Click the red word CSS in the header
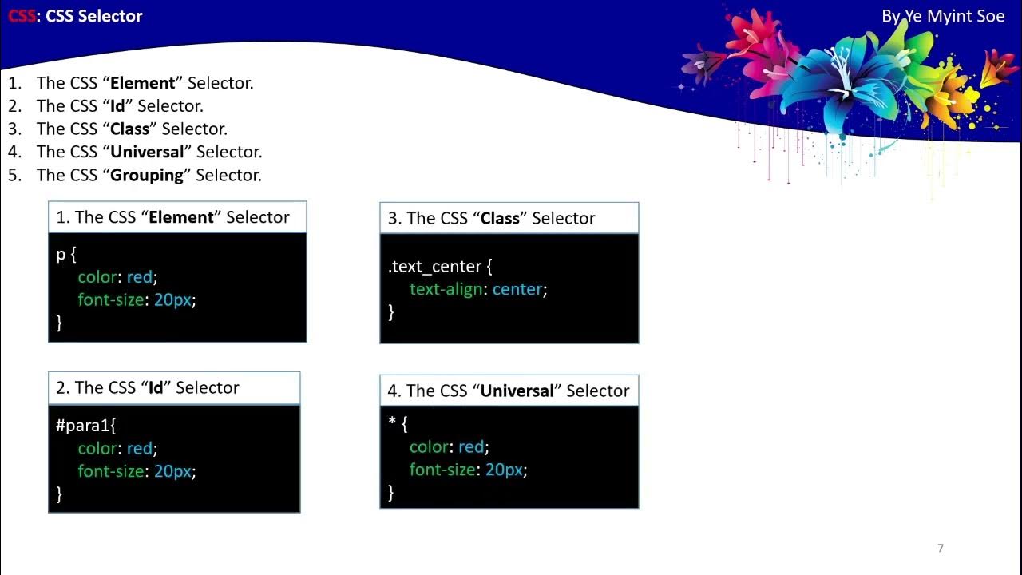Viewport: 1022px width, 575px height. tap(22, 16)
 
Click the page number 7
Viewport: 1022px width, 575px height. tap(941, 548)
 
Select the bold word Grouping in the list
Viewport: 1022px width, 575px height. tap(147, 175)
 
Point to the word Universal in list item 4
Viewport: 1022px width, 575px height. tap(147, 152)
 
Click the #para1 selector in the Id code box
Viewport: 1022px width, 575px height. tap(85, 426)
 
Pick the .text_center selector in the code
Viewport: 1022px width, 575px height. tap(435, 267)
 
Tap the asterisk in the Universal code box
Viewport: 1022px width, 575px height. tap(391, 422)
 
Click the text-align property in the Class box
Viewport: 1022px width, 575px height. tap(446, 289)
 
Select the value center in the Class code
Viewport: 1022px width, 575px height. tap(517, 289)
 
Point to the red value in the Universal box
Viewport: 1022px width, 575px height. tap(471, 446)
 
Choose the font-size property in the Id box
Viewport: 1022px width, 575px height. tap(111, 471)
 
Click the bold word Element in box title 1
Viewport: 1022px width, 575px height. tap(181, 217)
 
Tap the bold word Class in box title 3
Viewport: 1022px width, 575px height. tap(500, 219)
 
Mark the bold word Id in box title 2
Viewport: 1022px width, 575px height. tap(156, 388)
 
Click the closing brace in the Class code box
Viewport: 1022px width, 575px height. tap(391, 311)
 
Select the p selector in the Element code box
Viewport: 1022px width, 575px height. tap(60, 254)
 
